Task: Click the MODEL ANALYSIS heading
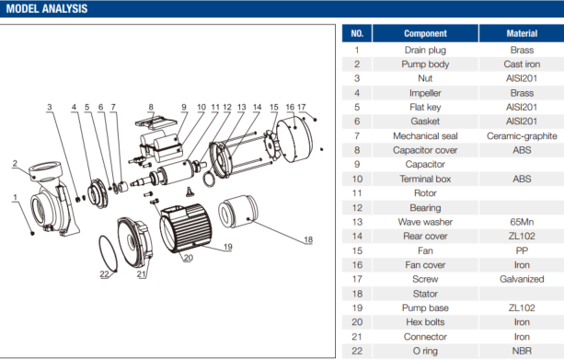point(47,8)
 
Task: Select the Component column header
point(425,33)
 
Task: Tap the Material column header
point(522,33)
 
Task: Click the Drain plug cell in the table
point(425,50)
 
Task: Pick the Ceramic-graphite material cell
point(522,136)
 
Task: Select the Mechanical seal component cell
point(425,136)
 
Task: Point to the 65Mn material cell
point(522,222)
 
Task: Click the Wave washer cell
point(425,222)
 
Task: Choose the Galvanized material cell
point(522,279)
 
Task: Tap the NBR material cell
point(522,351)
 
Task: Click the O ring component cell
point(425,351)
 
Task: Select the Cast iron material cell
point(522,64)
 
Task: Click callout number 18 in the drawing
point(308,239)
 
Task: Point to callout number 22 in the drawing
point(104,274)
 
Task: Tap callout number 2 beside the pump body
point(15,164)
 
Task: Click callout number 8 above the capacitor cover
point(151,107)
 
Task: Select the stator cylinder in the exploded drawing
point(238,212)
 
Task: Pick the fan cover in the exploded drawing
point(294,139)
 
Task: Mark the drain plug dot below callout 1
point(32,234)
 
